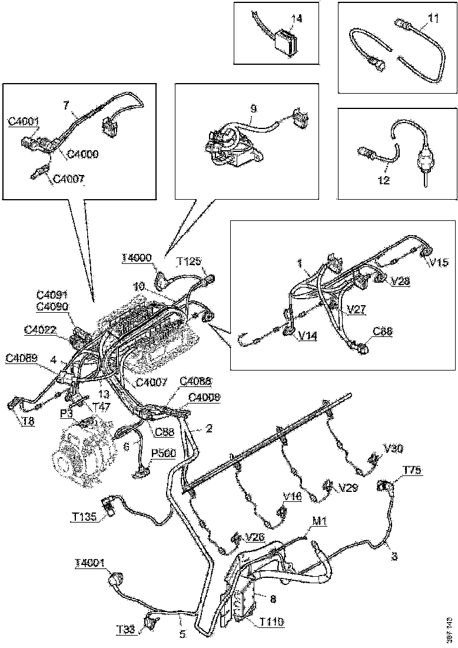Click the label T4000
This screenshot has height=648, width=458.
tap(137, 257)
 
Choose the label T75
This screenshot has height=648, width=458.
tap(413, 470)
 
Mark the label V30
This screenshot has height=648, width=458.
tap(394, 448)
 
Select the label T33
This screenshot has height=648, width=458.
tap(125, 630)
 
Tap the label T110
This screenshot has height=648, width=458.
tap(271, 620)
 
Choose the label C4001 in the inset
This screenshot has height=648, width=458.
tap(24, 122)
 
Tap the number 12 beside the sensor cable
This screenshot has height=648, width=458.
tap(383, 181)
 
